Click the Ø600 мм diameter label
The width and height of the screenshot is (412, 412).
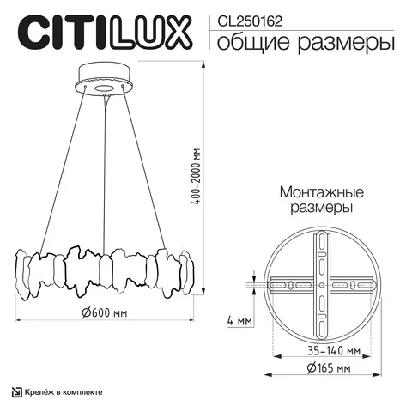(106, 313)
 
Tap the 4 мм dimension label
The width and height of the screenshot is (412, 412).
(240, 322)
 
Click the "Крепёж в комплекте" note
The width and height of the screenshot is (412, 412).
(64, 391)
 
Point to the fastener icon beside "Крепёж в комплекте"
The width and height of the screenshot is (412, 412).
(16, 391)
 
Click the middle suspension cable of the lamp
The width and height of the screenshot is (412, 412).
(106, 172)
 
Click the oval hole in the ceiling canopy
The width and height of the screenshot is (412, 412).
(107, 88)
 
